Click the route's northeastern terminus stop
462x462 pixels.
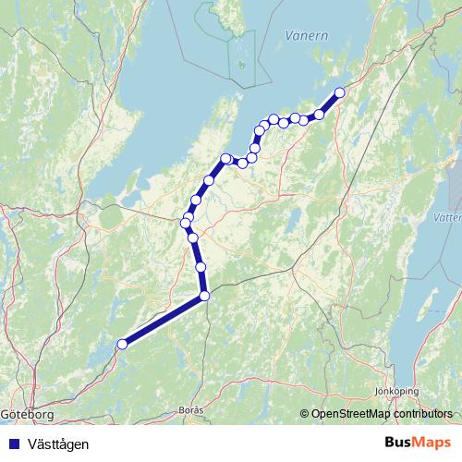[x=339, y=92]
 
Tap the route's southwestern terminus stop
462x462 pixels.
[x=121, y=345]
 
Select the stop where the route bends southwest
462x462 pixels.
[x=204, y=296]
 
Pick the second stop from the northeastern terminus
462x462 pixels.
[x=319, y=115]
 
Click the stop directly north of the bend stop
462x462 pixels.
[x=201, y=267]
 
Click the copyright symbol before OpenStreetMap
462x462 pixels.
[x=304, y=414]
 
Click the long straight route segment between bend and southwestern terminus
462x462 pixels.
[x=163, y=321]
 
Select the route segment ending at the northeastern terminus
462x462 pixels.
[x=330, y=103]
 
